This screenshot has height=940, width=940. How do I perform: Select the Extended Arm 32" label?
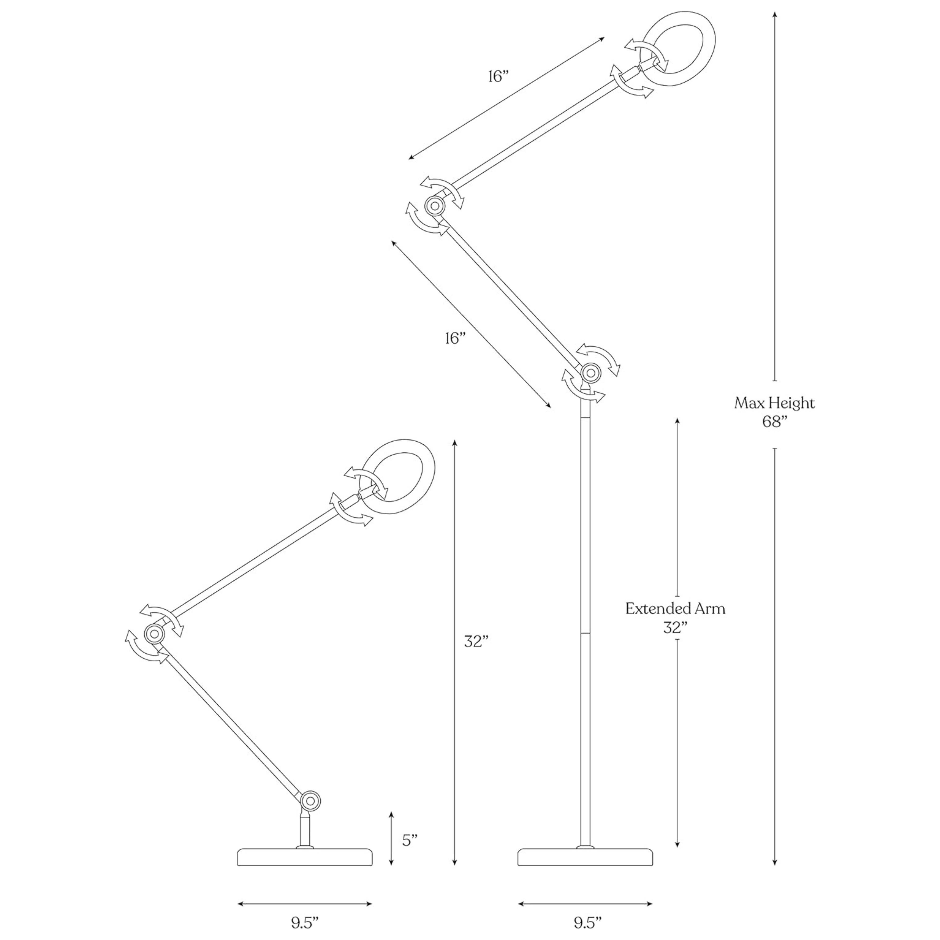pos(675,618)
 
